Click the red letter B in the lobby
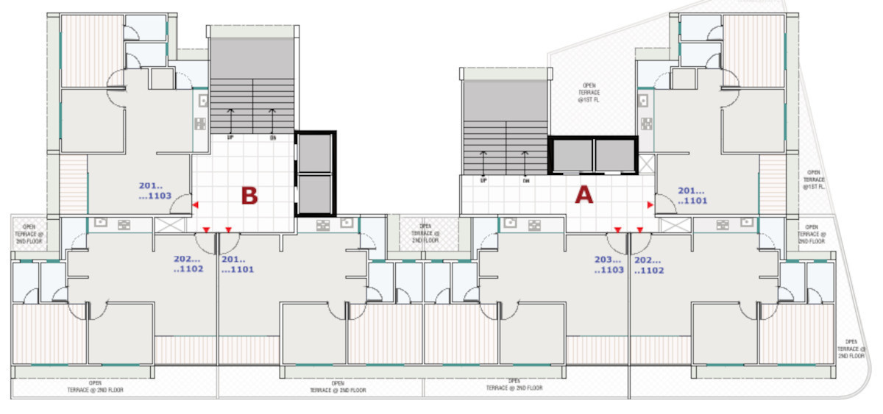tap(249, 196)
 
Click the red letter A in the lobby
tap(583, 195)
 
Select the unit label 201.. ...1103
tap(155, 191)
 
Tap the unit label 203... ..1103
tap(609, 265)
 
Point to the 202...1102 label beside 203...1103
tap(648, 265)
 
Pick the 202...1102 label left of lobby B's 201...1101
tap(188, 264)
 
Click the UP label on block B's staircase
tap(230, 137)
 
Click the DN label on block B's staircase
tap(272, 137)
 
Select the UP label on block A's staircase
tap(483, 180)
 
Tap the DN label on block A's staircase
tap(525, 180)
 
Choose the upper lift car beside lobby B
tap(314, 153)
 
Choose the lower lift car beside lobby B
tap(314, 193)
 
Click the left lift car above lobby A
tap(572, 155)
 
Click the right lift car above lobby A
tap(614, 155)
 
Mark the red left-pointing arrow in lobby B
tap(195, 205)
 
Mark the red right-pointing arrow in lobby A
tap(650, 204)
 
